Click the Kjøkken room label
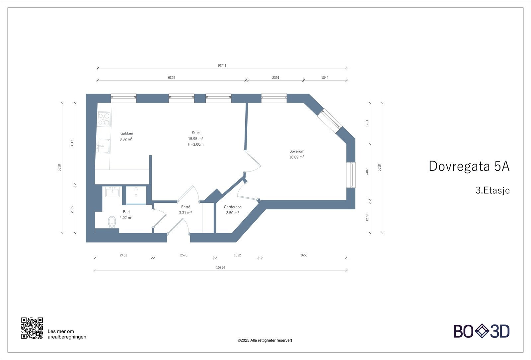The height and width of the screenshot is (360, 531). (x=126, y=133)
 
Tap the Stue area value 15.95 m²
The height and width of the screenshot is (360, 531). (x=195, y=139)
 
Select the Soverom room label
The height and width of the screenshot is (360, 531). (x=297, y=151)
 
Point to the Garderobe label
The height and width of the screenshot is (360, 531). (x=233, y=207)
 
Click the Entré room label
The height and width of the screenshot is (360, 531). (x=186, y=207)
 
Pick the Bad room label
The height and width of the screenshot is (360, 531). (x=126, y=212)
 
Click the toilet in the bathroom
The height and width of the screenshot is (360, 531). (x=112, y=222)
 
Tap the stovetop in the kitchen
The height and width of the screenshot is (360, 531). (x=104, y=119)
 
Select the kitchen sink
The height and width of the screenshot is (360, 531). (x=104, y=146)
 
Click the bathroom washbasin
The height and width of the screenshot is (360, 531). (x=113, y=191)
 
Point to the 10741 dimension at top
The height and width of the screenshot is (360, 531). (x=222, y=65)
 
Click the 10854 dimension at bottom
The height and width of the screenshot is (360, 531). (x=220, y=267)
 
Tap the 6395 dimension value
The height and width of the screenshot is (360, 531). (x=171, y=78)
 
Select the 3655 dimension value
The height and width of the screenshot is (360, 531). (x=304, y=255)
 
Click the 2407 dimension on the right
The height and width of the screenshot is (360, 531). (x=367, y=172)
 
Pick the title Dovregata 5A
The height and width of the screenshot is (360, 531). (x=469, y=166)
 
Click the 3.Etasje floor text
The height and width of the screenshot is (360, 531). (x=493, y=190)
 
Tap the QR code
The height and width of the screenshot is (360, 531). (x=32, y=328)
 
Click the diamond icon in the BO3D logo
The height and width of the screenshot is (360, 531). (x=482, y=331)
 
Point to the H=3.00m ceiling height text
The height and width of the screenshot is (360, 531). (x=195, y=144)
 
